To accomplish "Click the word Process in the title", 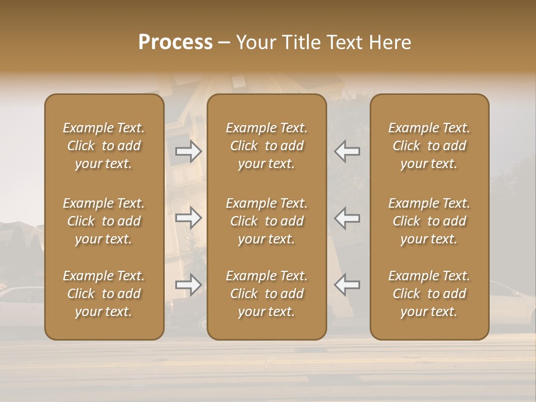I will pos(175,42).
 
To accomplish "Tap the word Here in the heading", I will pos(389,42).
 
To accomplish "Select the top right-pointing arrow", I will pos(188,151).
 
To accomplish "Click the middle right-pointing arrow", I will pos(188,218).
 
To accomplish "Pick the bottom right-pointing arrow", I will pos(188,285).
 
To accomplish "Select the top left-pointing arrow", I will pos(347,151).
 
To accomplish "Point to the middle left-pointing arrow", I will pos(347,218).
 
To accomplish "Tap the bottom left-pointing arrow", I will pos(347,285).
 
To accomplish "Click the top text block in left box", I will pos(104,146).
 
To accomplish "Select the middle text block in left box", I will pos(104,221).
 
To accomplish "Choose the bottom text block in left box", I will pos(104,294).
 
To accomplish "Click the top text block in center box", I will pos(267,146).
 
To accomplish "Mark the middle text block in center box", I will pos(267,221).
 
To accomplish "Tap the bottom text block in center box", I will pos(267,294).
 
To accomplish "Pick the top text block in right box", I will pos(429,146).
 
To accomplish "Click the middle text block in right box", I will pos(429,221).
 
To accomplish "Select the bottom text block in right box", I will pos(429,294).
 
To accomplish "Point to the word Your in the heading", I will pos(256,42).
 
